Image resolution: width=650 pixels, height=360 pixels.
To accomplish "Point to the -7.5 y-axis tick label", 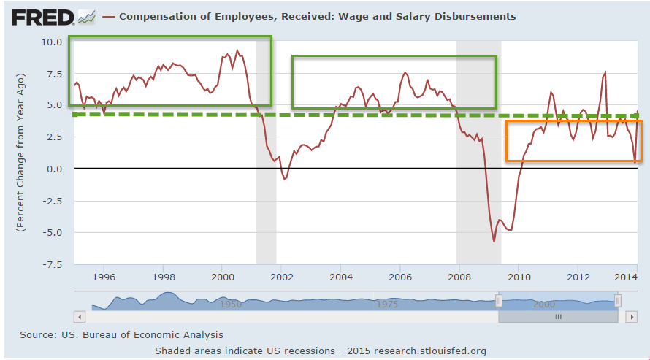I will click(51, 264).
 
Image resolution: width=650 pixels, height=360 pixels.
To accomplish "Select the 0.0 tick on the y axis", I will click(54, 169).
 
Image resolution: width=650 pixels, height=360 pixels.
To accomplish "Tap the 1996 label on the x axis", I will click(104, 277).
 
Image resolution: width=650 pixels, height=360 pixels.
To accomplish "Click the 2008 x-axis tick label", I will click(459, 277).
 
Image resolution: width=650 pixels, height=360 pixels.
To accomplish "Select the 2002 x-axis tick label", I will click(282, 277).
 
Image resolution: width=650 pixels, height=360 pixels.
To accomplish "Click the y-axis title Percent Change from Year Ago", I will click(20, 152).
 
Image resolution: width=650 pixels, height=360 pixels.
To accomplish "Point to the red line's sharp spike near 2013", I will click(605, 73).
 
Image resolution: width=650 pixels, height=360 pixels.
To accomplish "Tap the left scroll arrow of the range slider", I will click(80, 317).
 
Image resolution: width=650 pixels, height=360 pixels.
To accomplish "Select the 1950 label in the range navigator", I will click(232, 304).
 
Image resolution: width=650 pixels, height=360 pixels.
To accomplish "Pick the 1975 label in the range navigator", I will click(387, 304).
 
